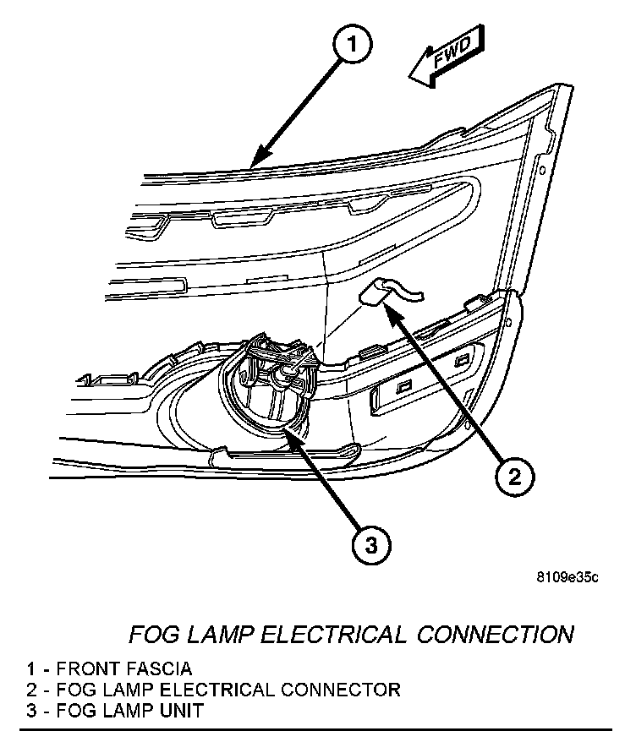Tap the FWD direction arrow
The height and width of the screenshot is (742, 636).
tap(447, 61)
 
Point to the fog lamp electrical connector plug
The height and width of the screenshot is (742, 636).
tap(375, 292)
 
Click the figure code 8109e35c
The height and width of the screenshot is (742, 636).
tap(567, 578)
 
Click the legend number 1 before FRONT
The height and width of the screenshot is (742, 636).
tap(30, 670)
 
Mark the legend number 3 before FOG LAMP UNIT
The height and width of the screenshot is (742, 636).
tap(30, 710)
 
